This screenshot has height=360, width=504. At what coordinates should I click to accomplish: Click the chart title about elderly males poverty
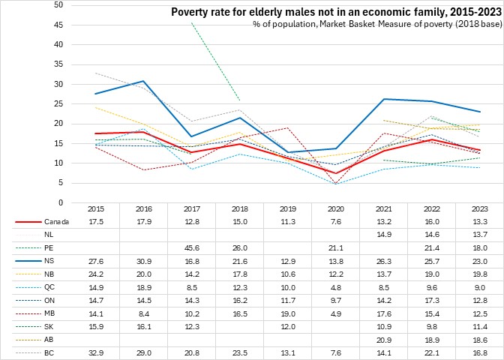click(336, 12)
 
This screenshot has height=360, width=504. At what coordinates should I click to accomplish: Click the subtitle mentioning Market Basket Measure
click(377, 25)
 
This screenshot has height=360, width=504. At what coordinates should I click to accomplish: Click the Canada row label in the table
click(53, 222)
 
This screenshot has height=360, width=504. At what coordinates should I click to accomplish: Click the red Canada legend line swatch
click(28, 222)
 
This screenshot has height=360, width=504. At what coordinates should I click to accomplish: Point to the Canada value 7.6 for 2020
click(335, 222)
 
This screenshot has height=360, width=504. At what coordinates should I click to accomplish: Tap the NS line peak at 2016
click(144, 81)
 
